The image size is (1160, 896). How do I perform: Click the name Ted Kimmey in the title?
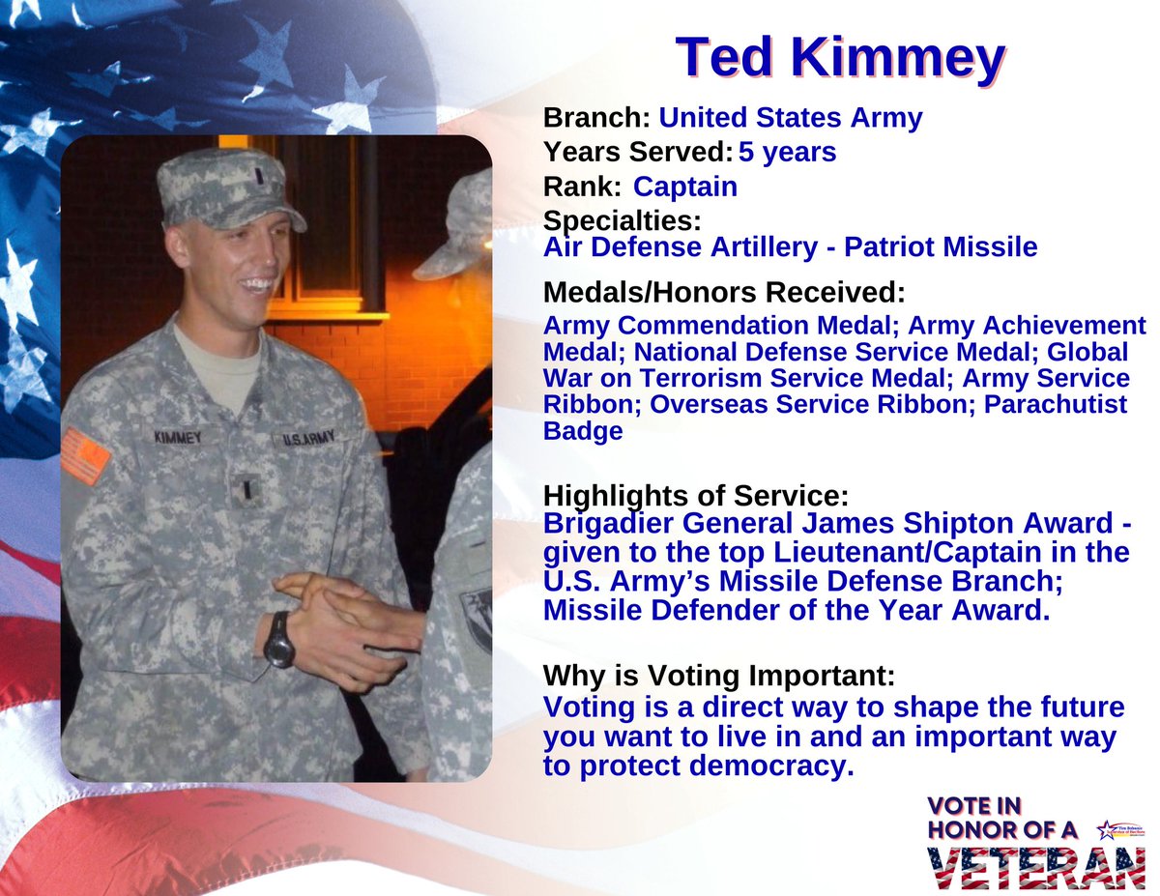click(840, 58)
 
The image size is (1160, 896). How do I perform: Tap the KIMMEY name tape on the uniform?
click(179, 437)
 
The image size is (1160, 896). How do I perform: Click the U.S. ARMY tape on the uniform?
click(307, 440)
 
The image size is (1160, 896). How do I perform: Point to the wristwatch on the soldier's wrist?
click(279, 640)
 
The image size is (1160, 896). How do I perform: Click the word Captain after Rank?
click(684, 187)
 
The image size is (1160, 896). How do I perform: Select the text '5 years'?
click(788, 153)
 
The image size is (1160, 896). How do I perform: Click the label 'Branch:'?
click(596, 118)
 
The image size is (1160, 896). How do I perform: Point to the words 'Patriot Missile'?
click(941, 247)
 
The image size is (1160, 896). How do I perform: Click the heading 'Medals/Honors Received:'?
click(724, 291)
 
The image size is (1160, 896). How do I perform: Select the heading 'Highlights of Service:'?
click(696, 496)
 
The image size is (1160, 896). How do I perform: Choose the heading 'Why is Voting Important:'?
click(718, 674)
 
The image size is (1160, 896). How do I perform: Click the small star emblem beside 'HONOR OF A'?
click(1105, 829)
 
